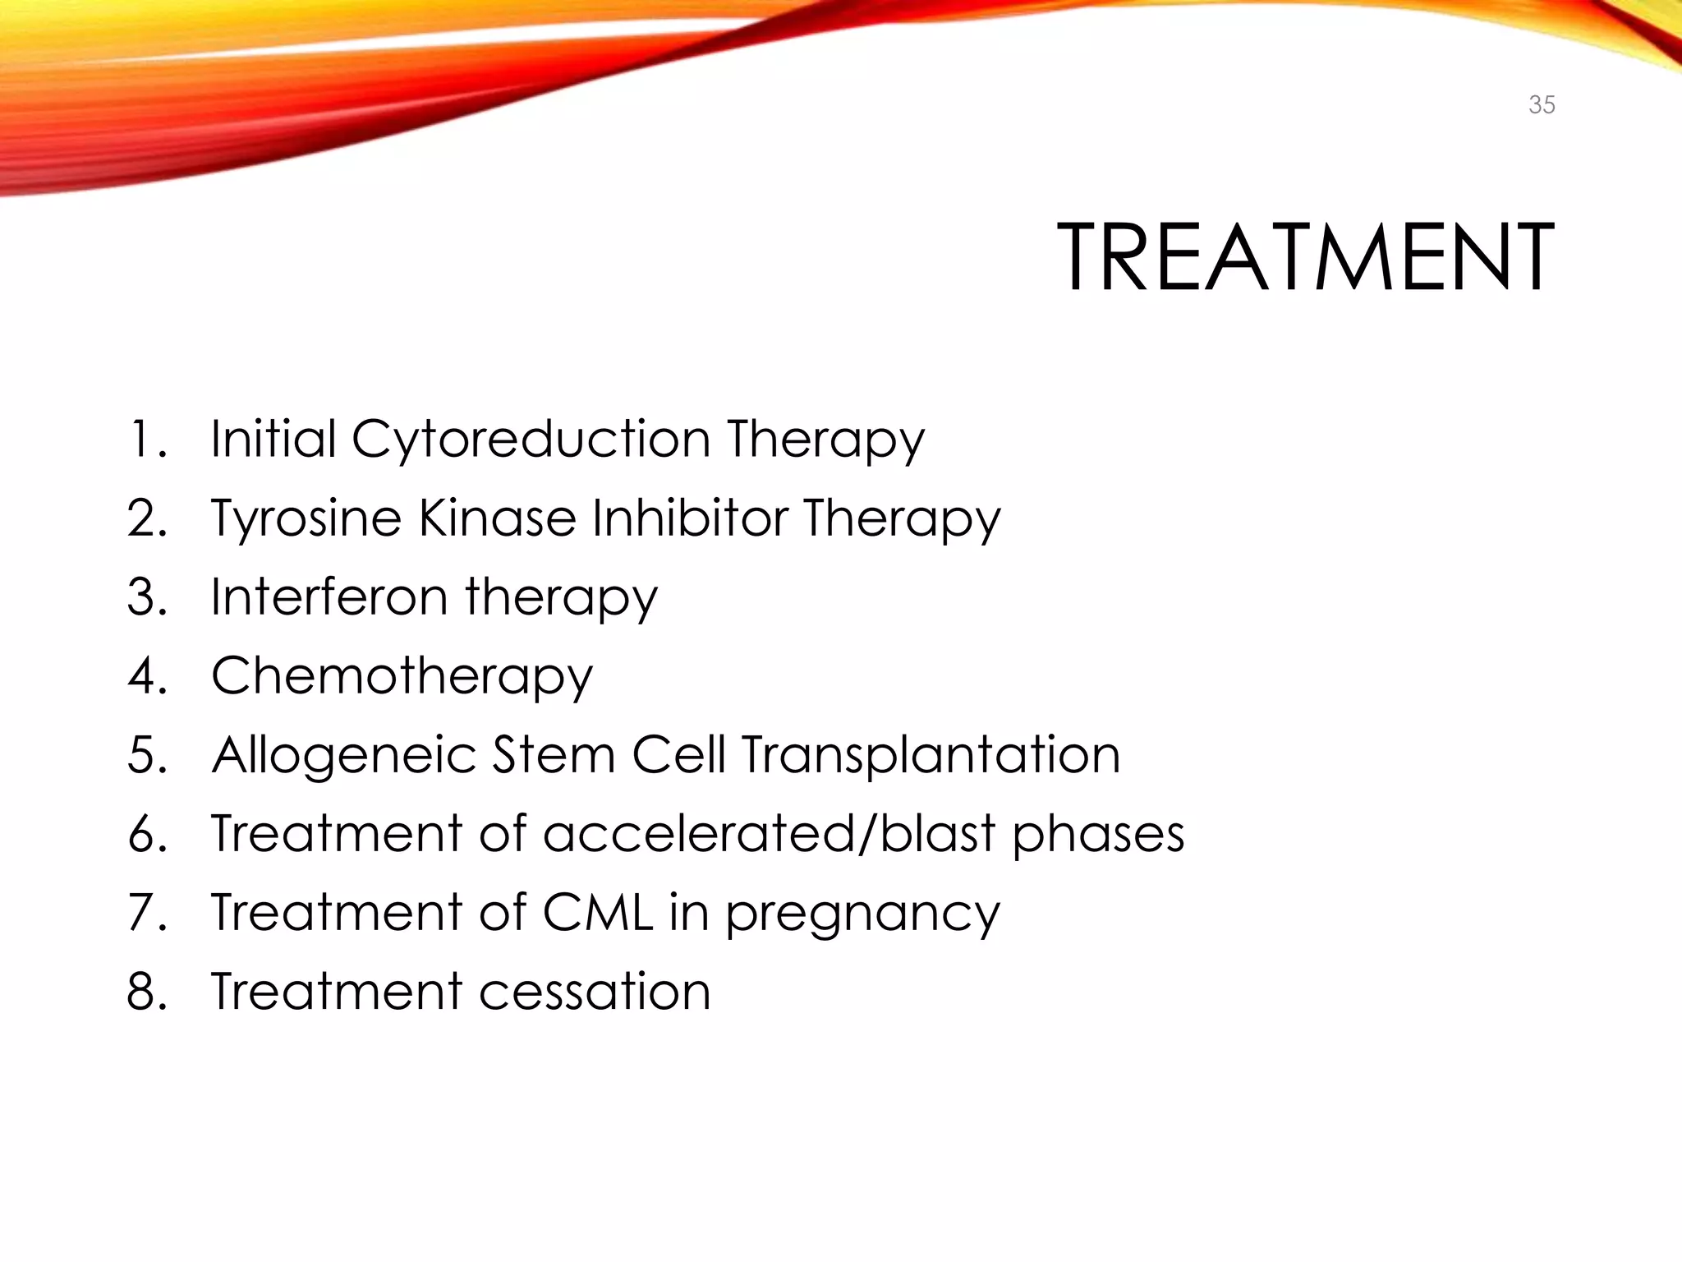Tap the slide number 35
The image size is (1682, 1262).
coord(1542,105)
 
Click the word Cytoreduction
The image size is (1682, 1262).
coord(531,440)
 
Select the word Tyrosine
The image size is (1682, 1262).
coord(306,519)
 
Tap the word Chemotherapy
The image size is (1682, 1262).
coord(402,677)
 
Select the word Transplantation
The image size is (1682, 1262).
coord(931,756)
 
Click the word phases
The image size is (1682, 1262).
coord(1098,835)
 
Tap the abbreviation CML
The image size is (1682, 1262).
coord(597,912)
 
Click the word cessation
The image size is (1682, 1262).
coord(595,991)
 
